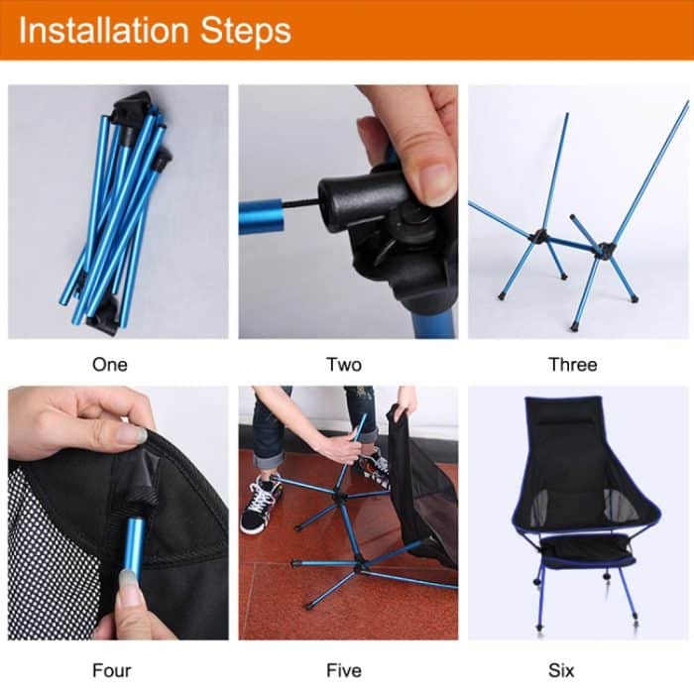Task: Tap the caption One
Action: click(109, 365)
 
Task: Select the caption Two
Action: click(344, 365)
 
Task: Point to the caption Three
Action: click(573, 365)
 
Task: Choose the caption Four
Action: click(111, 670)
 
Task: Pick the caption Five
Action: click(344, 670)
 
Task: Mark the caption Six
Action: click(573, 670)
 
